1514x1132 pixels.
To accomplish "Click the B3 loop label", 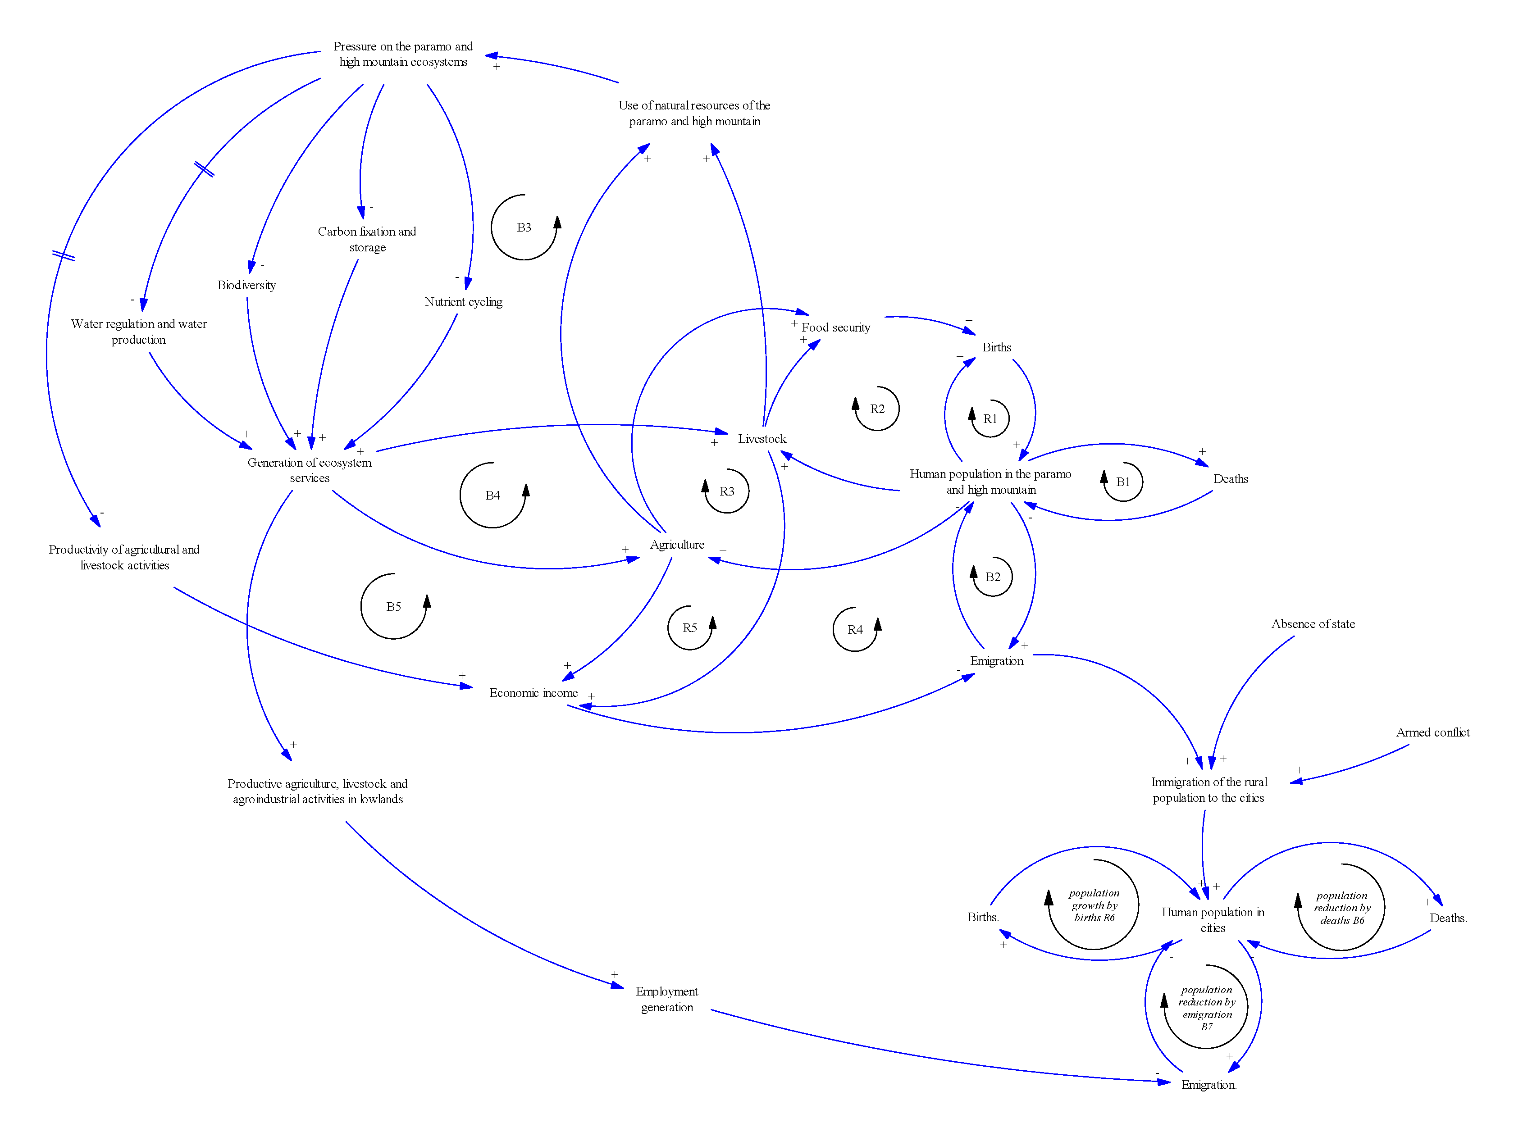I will [524, 227].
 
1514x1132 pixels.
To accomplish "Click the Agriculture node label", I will [676, 545].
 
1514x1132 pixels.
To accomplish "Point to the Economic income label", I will [533, 693].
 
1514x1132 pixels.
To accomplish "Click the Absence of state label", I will [1312, 624].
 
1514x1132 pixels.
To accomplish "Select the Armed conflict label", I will [1432, 732].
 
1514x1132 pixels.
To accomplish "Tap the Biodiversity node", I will [246, 286].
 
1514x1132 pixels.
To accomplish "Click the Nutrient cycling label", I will [463, 302].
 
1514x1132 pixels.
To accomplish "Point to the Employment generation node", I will [666, 999].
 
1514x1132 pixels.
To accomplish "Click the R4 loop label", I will [854, 630].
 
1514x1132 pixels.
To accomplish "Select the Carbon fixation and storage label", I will [367, 240].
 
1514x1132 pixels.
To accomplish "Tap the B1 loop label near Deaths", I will [1122, 482].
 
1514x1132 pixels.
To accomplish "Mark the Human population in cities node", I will [1212, 920].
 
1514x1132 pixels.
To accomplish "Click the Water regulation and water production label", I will [139, 332].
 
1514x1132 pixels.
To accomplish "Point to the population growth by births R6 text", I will [1094, 905].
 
